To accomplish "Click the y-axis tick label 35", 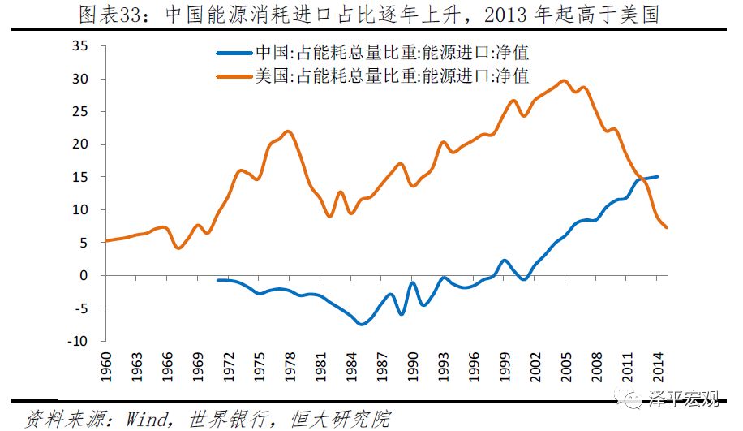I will coord(81,46).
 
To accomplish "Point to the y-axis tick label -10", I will coord(78,341).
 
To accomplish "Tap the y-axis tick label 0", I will coord(84,275).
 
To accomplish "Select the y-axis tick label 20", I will coord(81,144).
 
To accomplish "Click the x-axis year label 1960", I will coord(106,367).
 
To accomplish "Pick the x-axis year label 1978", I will coord(289,367).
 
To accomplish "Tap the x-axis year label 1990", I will coord(411,367).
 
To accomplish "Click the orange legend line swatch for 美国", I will coord(234,77).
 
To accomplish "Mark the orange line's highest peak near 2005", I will coord(565,80).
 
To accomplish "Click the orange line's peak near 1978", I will coord(290,131).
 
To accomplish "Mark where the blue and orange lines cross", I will coord(641,178).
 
